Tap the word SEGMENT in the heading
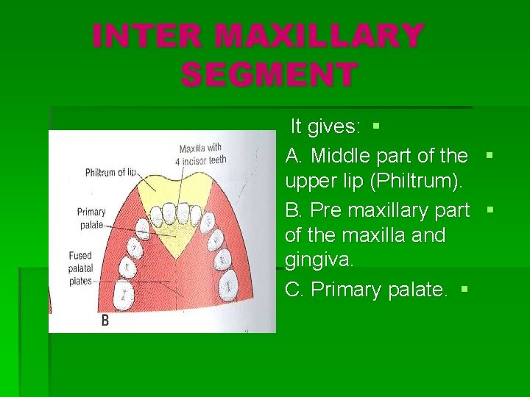point(269,74)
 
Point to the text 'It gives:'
point(325,126)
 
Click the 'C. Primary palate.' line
point(367,290)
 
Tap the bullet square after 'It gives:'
point(375,126)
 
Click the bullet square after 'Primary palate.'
point(464,290)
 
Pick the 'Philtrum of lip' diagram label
point(111,173)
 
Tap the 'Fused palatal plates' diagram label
point(80,268)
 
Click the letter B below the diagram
point(105,321)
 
